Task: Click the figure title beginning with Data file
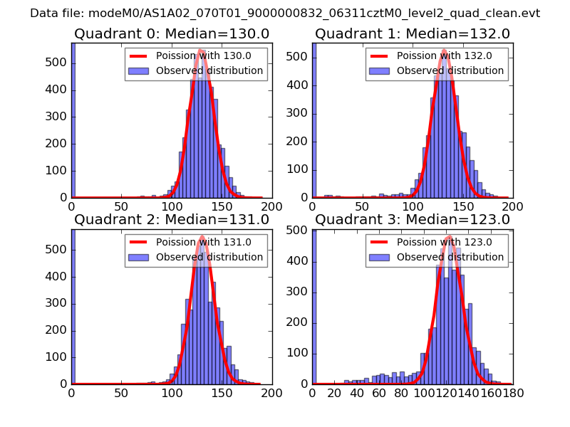point(285,13)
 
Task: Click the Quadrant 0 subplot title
point(172,33)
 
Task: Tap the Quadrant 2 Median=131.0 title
point(172,219)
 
